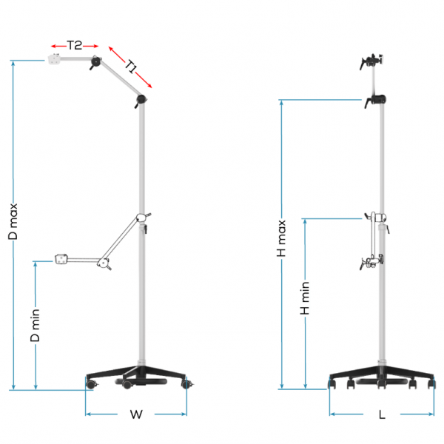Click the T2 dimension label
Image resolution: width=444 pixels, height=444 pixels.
pos(74,44)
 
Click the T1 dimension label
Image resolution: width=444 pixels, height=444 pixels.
pos(132,68)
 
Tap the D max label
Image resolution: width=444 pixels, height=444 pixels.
pos(13,221)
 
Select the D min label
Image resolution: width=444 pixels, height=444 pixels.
pos(35,326)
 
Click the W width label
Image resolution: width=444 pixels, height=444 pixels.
pos(135,414)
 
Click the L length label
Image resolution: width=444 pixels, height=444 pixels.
pos(382,415)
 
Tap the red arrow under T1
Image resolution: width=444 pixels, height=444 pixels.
pos(129,65)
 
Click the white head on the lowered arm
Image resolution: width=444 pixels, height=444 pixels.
pos(61,259)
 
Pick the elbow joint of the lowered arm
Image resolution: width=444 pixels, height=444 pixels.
pos(104,262)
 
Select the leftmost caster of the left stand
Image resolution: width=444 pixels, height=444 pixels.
pos(91,385)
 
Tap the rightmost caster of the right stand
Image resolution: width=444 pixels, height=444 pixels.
pos(431,383)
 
